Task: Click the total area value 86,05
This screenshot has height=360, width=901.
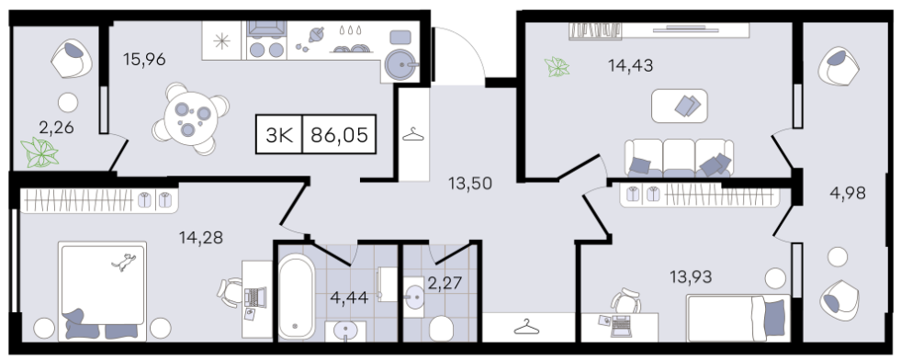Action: tap(339, 136)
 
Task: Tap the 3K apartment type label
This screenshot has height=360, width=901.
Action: tap(280, 136)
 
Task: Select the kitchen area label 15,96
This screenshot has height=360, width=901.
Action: tap(145, 59)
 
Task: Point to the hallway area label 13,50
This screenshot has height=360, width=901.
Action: tap(470, 184)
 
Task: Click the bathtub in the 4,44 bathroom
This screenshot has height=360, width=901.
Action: tap(296, 298)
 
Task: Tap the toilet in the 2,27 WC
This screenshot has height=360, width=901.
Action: tap(441, 329)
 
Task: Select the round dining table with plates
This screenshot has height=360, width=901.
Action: tap(190, 118)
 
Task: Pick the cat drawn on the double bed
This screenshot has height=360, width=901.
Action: tap(124, 261)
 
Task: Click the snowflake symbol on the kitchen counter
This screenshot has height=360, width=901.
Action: tap(221, 40)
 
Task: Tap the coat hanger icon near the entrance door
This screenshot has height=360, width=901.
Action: tap(413, 135)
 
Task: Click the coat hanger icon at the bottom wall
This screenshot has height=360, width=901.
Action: tap(527, 327)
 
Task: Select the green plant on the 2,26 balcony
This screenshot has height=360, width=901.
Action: tap(40, 153)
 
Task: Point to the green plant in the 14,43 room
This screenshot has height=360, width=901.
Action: tap(557, 67)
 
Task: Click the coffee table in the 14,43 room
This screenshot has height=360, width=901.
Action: tap(680, 106)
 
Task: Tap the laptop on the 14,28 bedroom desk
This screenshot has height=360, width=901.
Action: tap(253, 297)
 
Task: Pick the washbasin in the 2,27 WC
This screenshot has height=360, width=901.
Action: tap(413, 297)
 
